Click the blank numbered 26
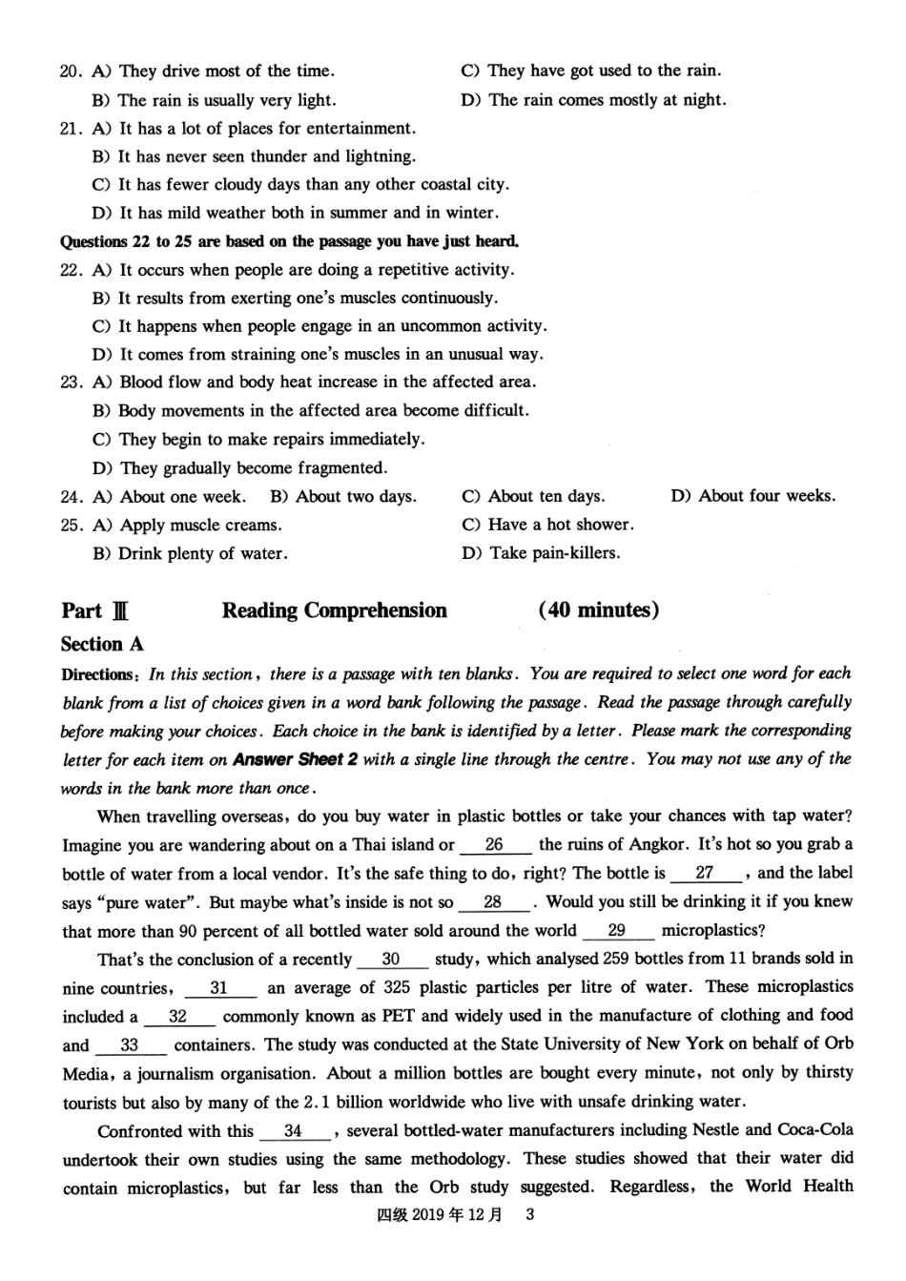[x=495, y=845]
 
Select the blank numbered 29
[x=617, y=931]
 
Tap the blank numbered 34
[x=293, y=1131]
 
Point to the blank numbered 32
[x=177, y=1017]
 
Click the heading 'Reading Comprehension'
[x=334, y=610]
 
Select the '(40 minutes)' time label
[x=598, y=610]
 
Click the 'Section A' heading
[x=102, y=644]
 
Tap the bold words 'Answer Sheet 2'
[x=289, y=760]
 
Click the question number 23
[x=71, y=382]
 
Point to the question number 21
[x=71, y=129]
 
